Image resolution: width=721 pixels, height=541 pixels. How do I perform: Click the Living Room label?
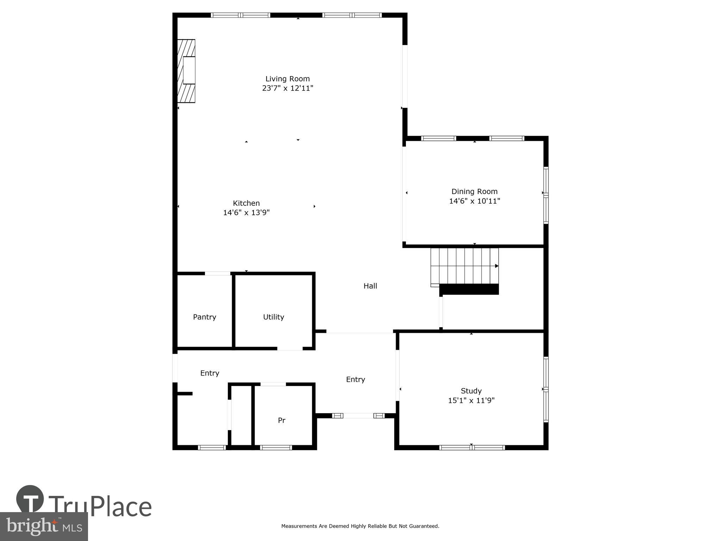click(x=287, y=79)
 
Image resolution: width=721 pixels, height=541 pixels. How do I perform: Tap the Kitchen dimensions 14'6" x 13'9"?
click(x=246, y=213)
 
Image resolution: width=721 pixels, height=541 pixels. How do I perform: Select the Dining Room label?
click(x=474, y=192)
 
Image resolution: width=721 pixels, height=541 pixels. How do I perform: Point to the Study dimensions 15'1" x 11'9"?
click(x=471, y=400)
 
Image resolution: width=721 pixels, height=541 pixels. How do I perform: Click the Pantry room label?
click(x=205, y=317)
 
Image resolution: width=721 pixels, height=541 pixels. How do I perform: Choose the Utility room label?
click(x=274, y=317)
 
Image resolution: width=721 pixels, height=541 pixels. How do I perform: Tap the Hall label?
click(x=370, y=286)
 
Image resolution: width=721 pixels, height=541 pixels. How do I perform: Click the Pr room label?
click(x=281, y=420)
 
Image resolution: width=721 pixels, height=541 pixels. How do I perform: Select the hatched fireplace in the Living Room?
click(x=186, y=71)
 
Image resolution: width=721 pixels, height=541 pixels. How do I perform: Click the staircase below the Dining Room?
click(x=464, y=266)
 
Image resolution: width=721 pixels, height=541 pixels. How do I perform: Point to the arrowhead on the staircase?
click(x=497, y=266)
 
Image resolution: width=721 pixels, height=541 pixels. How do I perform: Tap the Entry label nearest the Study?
click(x=355, y=379)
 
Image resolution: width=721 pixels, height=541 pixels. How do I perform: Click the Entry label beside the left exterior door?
click(x=209, y=373)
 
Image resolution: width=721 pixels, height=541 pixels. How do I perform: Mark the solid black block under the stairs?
click(x=469, y=289)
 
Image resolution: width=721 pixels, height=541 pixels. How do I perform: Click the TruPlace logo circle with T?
click(x=30, y=499)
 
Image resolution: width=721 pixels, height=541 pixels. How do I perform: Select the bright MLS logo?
click(x=44, y=527)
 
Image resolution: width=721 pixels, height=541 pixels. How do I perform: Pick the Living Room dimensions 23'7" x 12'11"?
click(x=287, y=88)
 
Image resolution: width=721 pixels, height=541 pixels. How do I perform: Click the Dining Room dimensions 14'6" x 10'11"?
click(x=474, y=201)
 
